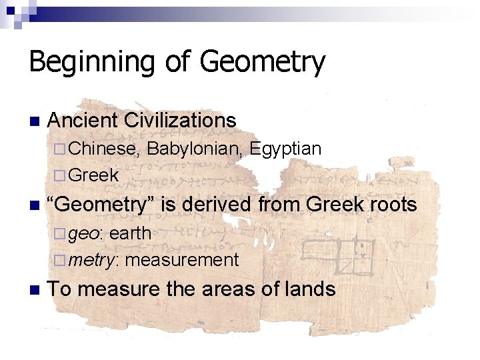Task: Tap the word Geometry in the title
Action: (262, 63)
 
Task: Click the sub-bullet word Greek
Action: (93, 175)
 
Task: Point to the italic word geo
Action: (85, 234)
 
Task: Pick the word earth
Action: (130, 233)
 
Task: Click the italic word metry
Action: (93, 260)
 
